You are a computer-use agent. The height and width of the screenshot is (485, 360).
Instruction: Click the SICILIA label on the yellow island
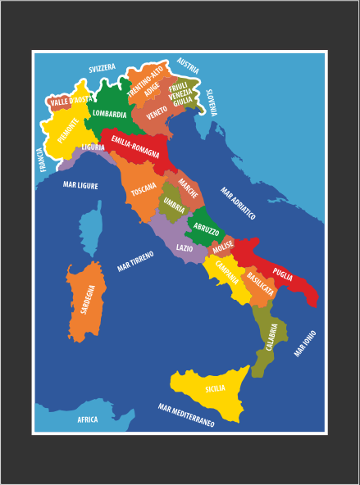(216, 388)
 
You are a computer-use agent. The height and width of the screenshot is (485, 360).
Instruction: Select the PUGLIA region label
(283, 274)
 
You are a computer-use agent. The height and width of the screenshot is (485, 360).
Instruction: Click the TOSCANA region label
(144, 191)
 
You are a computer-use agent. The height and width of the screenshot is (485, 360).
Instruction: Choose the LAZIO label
(185, 247)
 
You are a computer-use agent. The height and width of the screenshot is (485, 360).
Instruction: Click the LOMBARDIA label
(110, 114)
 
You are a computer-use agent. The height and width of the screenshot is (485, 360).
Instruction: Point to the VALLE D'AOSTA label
(71, 102)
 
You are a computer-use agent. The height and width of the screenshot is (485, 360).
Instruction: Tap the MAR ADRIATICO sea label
(239, 203)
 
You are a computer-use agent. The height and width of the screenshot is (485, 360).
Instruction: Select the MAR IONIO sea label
(305, 342)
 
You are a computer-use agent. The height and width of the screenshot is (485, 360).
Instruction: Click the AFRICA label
(88, 419)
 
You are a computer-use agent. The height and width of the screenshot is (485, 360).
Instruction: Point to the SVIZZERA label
(103, 68)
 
